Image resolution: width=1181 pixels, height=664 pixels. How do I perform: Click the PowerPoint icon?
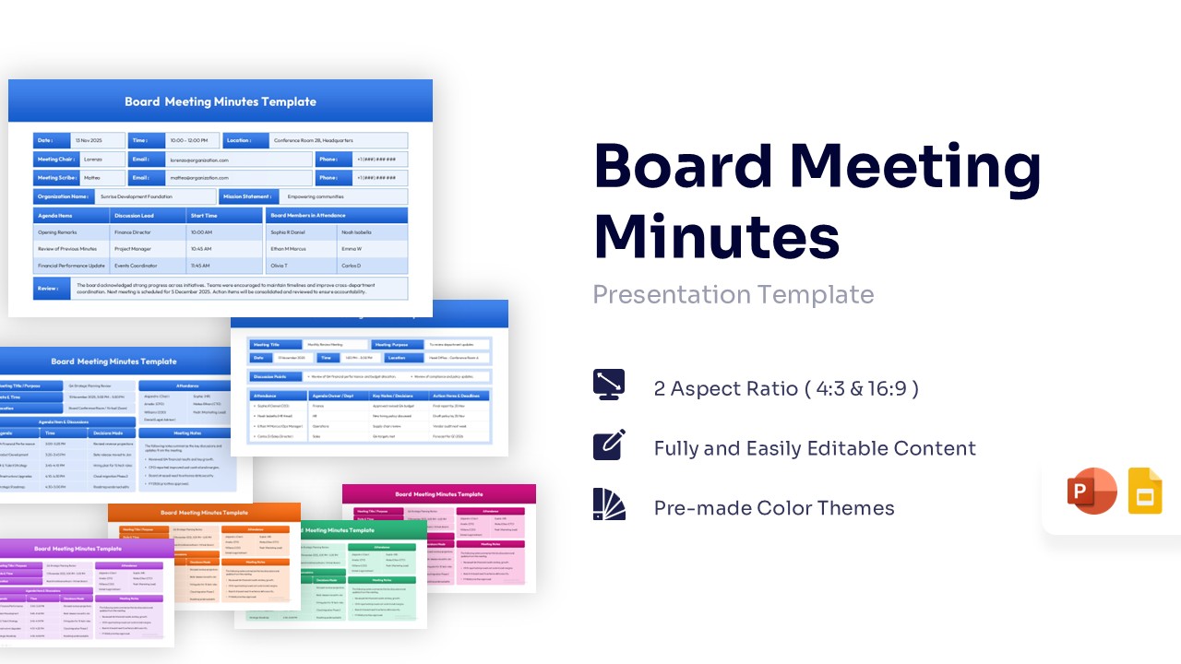1092,491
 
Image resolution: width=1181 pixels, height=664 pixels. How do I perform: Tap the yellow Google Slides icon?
1146,491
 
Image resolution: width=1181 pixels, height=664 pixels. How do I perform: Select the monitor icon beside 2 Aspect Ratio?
609,385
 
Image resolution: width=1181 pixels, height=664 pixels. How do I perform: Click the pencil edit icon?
609,445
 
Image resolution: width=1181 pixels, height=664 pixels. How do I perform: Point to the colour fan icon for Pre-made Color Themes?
609,504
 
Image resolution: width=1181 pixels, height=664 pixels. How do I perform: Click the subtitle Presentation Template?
733,294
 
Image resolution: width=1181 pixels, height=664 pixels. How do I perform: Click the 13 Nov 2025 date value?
89,140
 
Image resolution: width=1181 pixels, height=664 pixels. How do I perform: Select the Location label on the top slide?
239,140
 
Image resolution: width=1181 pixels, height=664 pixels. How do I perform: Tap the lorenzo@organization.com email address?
198,160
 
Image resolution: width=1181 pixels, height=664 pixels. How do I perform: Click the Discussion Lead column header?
134,216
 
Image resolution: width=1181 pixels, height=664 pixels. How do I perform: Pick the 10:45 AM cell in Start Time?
201,249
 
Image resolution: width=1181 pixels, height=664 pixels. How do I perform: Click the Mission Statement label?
247,196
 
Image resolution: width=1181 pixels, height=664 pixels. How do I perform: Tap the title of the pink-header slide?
438,495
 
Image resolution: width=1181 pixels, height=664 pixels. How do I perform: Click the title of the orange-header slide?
204,513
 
